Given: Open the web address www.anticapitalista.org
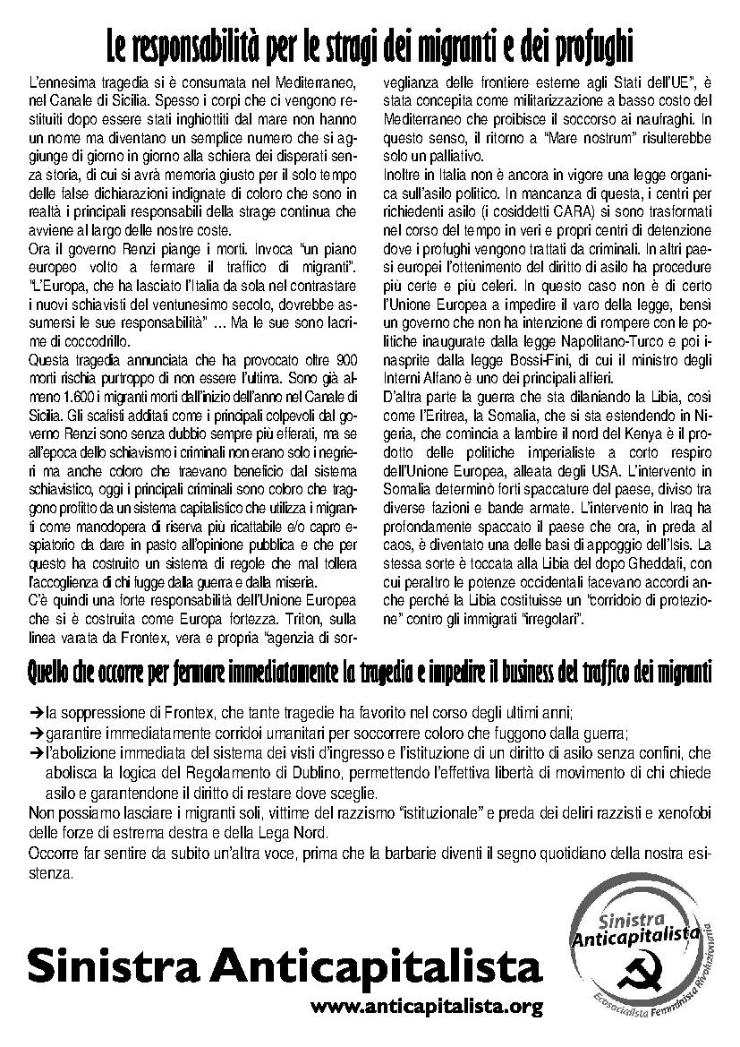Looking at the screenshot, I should click(427, 1007).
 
